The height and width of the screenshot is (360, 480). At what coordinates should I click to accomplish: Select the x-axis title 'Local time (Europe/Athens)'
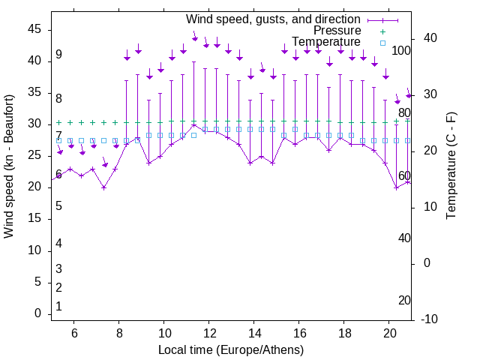point(231,350)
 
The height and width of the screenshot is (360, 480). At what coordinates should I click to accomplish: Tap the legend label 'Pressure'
point(337,31)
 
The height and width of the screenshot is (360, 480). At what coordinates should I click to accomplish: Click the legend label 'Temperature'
point(326,42)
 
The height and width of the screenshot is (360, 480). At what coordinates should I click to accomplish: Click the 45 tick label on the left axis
point(34,29)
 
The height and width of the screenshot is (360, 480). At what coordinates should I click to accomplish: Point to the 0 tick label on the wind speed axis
point(37,313)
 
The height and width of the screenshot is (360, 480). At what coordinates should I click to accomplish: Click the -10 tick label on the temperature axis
point(430,319)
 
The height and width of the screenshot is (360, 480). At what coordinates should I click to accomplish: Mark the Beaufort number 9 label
point(58,55)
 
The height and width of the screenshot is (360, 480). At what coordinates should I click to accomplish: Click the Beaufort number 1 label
point(58,306)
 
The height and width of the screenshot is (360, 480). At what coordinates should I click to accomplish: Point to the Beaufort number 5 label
point(58,206)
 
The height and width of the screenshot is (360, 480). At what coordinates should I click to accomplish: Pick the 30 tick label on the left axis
point(34,124)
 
